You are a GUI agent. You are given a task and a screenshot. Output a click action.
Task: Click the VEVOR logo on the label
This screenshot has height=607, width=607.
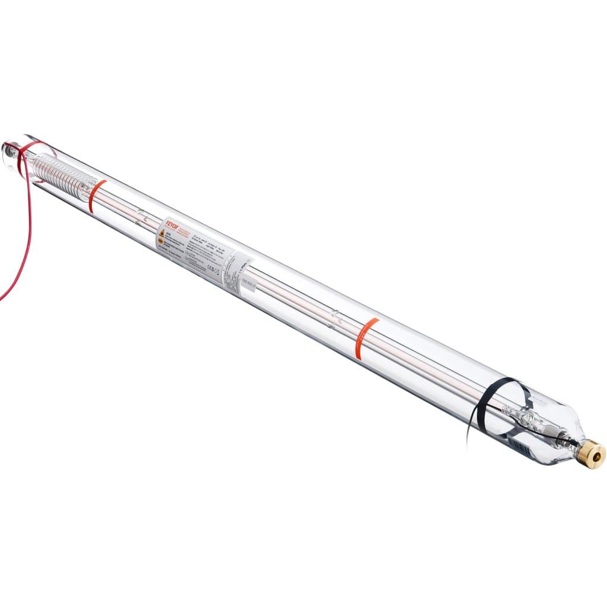[x=167, y=226]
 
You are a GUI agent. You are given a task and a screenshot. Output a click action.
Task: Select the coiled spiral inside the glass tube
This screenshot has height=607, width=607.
[x=62, y=172]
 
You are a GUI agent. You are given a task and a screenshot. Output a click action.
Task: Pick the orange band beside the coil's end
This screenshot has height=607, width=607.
[x=96, y=195]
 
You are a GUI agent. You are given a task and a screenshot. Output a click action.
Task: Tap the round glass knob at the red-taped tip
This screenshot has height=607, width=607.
[x=8, y=149]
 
